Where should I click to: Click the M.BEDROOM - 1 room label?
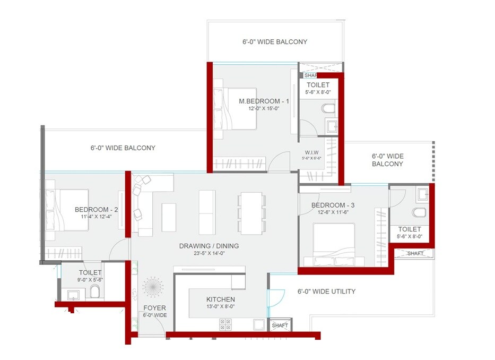point(256,101)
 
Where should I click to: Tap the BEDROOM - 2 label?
point(96,209)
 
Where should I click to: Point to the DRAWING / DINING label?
point(209,246)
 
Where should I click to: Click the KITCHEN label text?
point(220,299)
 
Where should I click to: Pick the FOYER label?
point(154,308)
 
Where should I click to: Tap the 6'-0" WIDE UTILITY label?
point(326,292)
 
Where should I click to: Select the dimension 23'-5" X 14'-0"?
point(209,253)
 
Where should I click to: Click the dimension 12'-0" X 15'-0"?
point(256,108)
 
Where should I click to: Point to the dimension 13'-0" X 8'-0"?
point(220,306)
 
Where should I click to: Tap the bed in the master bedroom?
point(235,108)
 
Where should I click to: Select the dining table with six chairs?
point(251,213)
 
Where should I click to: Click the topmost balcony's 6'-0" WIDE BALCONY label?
point(274,41)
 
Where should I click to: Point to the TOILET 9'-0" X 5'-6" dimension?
point(90,279)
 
